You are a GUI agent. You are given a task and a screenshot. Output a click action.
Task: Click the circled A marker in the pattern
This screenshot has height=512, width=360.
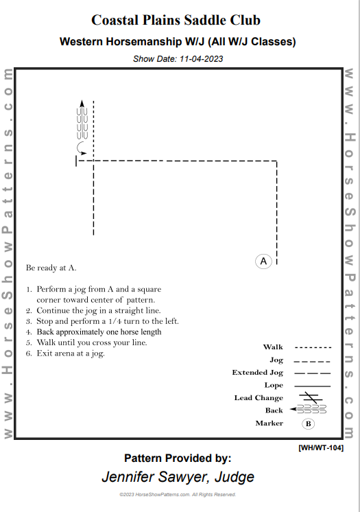point(264,261)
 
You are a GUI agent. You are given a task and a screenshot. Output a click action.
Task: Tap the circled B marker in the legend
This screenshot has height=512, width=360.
point(309,423)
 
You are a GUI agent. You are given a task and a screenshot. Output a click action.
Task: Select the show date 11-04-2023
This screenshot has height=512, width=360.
point(178,59)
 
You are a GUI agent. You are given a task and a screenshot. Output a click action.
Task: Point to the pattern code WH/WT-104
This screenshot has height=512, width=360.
point(321,447)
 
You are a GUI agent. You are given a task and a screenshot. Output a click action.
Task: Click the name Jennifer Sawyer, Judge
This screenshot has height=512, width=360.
point(178,476)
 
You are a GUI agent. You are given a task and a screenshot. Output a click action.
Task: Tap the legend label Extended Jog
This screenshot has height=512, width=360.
point(257,373)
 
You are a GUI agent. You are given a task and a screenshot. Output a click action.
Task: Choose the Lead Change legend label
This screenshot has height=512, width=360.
point(259,398)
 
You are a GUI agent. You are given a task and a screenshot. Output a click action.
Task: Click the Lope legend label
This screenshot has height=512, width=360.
point(274,385)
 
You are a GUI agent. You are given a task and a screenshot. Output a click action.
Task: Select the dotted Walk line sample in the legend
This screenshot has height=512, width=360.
point(313,347)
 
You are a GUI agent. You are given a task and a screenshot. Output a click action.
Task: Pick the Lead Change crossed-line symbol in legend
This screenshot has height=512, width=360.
point(312,397)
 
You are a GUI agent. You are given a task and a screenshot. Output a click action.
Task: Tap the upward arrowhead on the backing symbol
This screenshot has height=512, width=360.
point(82,104)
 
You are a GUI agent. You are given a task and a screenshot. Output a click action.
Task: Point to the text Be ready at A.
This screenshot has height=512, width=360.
point(51,268)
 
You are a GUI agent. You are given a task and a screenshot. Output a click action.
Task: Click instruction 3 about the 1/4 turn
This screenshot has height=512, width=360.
point(102,321)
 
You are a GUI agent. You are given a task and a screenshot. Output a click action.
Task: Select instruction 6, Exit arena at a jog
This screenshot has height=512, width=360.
point(71,353)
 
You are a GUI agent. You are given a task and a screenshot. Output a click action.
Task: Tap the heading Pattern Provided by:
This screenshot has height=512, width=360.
point(178,458)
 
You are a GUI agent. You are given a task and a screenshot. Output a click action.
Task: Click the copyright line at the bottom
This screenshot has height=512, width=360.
point(178,494)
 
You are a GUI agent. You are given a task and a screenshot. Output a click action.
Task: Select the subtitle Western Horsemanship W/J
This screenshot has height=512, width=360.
point(178,42)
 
